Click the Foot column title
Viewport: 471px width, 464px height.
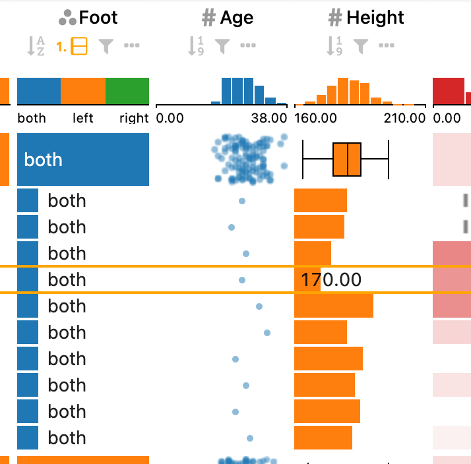(x=98, y=18)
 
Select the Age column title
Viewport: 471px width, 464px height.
(x=236, y=18)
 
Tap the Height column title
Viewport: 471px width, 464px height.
(x=375, y=18)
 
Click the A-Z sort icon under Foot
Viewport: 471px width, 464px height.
(x=35, y=46)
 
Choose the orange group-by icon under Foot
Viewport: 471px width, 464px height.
(x=78, y=46)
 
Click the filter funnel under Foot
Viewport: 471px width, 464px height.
(x=106, y=46)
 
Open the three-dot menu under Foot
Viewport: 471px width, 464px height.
(x=132, y=46)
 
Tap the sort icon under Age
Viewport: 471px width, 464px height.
(x=196, y=46)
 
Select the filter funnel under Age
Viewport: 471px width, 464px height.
(x=222, y=46)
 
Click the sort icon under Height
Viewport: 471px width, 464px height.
(x=334, y=46)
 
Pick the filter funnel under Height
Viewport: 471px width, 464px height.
(x=360, y=46)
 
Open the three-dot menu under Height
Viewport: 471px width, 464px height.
(x=386, y=46)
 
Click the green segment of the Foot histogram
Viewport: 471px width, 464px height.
(x=127, y=91)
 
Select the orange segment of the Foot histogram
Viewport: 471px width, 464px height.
(x=83, y=91)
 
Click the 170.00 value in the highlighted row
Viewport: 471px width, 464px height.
(x=331, y=280)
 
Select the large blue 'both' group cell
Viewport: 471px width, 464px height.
(x=83, y=159)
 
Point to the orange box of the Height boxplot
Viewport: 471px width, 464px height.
(x=347, y=159)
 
